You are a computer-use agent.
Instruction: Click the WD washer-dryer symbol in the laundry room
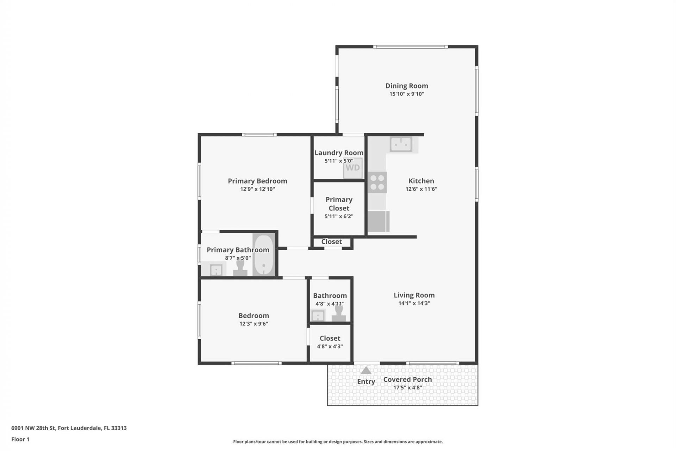click(352, 168)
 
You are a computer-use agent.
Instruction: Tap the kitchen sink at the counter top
click(401, 144)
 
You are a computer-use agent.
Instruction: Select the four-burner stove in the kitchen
click(377, 183)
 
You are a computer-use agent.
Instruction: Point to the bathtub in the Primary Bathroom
click(264, 255)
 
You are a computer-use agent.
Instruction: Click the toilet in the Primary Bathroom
click(240, 268)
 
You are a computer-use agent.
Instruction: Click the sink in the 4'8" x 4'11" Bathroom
click(318, 315)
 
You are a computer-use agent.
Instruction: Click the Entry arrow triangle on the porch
click(366, 370)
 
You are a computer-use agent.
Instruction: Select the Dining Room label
click(407, 86)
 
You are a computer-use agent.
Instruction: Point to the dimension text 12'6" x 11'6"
click(421, 189)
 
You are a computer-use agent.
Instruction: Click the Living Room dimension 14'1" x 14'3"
click(414, 303)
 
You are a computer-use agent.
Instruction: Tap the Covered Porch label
click(407, 379)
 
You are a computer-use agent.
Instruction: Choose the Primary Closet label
click(339, 204)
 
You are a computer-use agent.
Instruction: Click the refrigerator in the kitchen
click(378, 221)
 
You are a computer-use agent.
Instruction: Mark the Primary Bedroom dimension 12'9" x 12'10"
click(257, 189)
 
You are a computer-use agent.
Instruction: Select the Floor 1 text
click(20, 439)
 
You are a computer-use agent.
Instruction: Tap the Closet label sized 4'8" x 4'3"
click(330, 338)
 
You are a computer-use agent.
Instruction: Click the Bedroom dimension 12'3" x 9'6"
click(254, 323)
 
